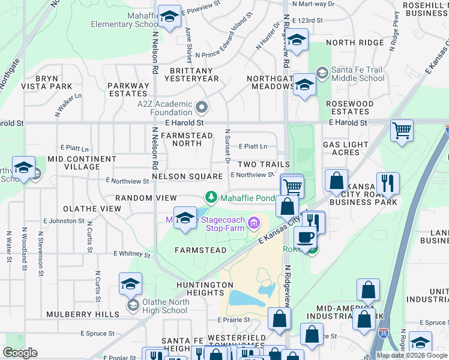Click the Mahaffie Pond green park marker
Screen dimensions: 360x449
(211, 197)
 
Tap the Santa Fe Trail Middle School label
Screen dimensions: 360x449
(358, 74)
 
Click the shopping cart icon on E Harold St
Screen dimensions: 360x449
(402, 130)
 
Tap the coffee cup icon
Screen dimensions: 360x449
(305, 236)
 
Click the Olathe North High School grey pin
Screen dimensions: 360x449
(132, 306)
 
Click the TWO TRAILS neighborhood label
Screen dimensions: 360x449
(264, 164)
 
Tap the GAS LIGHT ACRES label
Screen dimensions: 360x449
(349, 148)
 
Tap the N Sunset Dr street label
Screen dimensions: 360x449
(228, 145)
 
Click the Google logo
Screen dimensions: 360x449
(20, 353)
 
